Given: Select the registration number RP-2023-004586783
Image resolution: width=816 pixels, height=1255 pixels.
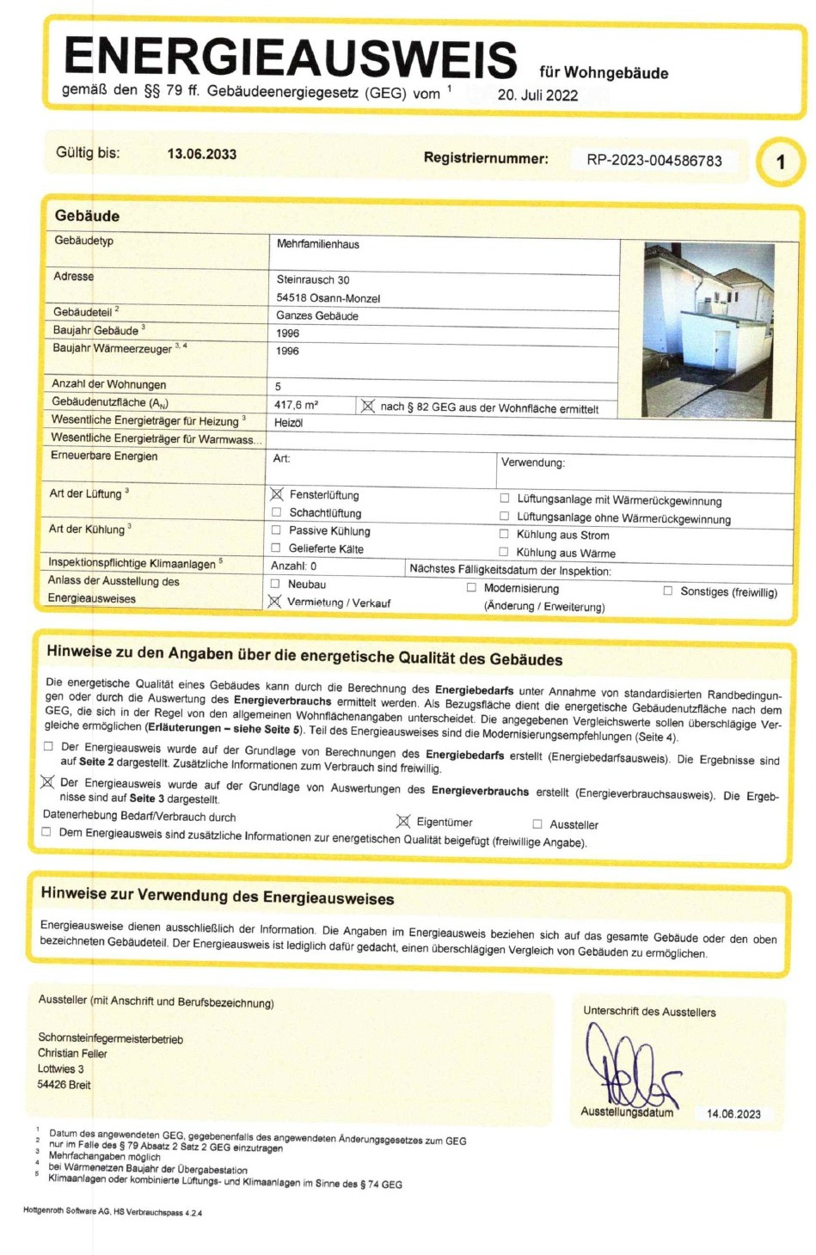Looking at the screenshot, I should tap(654, 161).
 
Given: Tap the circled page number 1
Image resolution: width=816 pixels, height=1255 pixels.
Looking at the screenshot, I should tap(780, 162).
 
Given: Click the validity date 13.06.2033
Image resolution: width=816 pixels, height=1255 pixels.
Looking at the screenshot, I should tap(201, 154).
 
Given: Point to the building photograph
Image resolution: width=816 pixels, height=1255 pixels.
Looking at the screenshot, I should tap(709, 330).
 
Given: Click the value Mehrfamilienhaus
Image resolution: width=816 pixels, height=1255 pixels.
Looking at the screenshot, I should tap(317, 244).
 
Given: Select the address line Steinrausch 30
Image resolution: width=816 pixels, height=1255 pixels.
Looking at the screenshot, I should tap(313, 279).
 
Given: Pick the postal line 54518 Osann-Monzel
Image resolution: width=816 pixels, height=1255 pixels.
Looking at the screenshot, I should tap(328, 298).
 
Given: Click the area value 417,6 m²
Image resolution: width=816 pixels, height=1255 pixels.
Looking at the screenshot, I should tap(296, 405).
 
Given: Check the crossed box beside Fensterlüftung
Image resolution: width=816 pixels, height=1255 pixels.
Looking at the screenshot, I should tap(277, 494).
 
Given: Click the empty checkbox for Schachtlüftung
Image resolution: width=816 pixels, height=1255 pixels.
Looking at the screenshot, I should tap(277, 512).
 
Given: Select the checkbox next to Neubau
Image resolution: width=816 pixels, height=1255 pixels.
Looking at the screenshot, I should tap(275, 584).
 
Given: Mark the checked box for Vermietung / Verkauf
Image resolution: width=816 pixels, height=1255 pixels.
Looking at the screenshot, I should tap(274, 602).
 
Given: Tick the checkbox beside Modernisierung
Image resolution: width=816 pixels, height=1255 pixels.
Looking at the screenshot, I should tap(471, 588).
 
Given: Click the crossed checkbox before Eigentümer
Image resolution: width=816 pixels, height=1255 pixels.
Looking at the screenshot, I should tap(402, 822).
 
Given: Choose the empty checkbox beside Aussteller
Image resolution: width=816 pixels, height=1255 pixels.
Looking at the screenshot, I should tap(537, 824).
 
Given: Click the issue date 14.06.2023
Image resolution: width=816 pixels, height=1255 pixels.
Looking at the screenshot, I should tap(733, 1114).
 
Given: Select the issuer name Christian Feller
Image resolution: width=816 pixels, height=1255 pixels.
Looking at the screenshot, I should tap(72, 1053).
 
